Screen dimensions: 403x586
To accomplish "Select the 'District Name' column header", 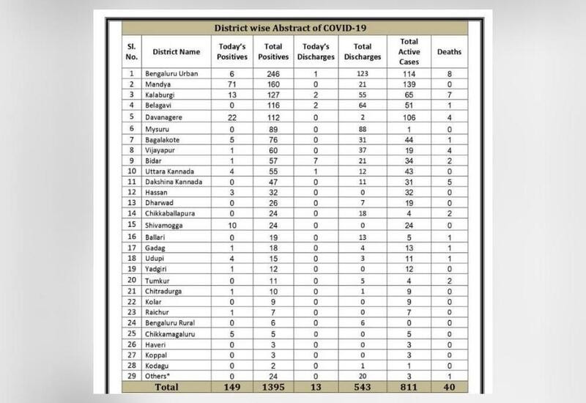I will pos(176,52).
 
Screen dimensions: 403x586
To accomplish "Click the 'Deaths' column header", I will pos(449,52).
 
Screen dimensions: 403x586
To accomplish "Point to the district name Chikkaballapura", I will pos(179,212).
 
